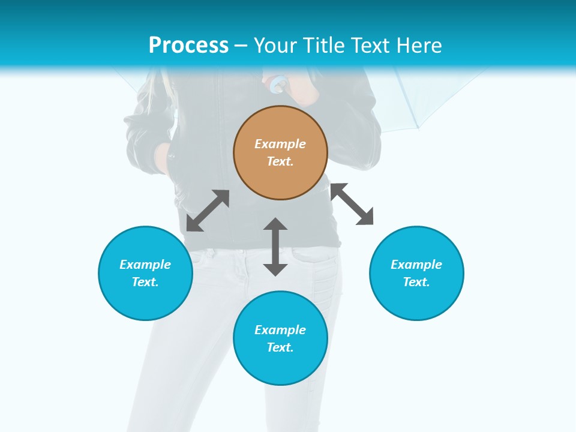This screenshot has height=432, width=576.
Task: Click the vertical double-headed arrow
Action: point(275,247)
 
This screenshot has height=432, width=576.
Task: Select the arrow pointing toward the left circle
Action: point(208,211)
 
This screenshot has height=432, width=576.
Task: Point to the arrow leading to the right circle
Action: point(352,204)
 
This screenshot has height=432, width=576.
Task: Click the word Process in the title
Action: point(188,45)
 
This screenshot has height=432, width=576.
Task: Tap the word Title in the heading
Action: point(325,45)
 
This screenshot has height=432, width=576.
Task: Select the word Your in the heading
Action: point(277,45)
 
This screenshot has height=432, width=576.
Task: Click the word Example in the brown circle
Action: point(280,144)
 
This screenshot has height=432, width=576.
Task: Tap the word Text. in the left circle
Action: point(145,282)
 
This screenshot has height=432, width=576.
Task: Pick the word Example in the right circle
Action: point(416,265)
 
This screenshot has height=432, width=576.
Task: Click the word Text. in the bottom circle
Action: point(280,347)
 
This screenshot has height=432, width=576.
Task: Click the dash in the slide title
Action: point(241,46)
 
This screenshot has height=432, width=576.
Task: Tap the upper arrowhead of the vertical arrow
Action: point(275,224)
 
